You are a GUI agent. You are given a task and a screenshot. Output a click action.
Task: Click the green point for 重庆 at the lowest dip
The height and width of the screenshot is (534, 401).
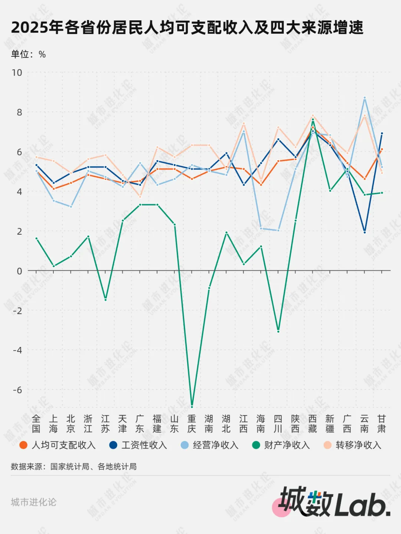[x=192, y=406]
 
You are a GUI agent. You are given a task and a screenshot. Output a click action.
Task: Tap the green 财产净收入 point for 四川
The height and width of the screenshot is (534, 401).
[x=278, y=331]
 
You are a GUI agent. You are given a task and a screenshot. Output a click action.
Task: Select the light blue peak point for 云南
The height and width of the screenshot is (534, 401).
[x=365, y=98]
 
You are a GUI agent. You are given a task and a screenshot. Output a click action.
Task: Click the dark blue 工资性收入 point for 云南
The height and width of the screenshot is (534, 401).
[x=365, y=233]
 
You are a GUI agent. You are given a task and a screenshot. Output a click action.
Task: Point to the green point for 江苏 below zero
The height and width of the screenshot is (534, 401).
[x=105, y=300]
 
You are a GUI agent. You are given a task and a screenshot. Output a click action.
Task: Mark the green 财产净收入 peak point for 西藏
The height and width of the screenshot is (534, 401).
[x=313, y=120]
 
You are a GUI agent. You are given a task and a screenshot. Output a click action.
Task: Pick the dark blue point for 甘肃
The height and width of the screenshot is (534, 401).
[x=382, y=133]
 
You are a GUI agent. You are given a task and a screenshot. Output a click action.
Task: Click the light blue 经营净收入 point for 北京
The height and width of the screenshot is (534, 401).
[x=71, y=207]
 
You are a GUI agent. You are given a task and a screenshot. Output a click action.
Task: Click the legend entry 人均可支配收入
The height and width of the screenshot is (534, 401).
[x=58, y=445]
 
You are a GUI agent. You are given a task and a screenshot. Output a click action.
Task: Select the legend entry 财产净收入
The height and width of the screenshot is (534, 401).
[x=281, y=445]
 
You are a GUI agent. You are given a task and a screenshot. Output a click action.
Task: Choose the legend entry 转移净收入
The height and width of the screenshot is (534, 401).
[x=353, y=445]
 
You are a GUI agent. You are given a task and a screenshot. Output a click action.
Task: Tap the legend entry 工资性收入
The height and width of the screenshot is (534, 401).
[x=138, y=445]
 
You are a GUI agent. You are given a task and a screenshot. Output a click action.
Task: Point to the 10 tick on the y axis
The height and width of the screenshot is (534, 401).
[x=17, y=73]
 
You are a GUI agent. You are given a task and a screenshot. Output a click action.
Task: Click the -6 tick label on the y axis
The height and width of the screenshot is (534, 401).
[x=17, y=390]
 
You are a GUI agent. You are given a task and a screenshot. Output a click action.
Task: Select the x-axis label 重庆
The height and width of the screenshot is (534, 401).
[x=192, y=424]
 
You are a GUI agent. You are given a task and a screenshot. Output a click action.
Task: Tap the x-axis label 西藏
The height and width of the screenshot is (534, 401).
[x=313, y=424]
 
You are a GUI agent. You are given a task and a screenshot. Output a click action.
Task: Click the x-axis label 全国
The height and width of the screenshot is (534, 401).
[x=36, y=424]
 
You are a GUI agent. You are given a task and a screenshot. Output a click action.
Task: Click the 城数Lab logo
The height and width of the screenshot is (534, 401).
[x=332, y=502]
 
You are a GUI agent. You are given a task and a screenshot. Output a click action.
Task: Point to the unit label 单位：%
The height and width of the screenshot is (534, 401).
[x=28, y=55]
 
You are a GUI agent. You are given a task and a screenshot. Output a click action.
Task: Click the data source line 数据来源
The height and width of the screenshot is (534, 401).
[x=74, y=467]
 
